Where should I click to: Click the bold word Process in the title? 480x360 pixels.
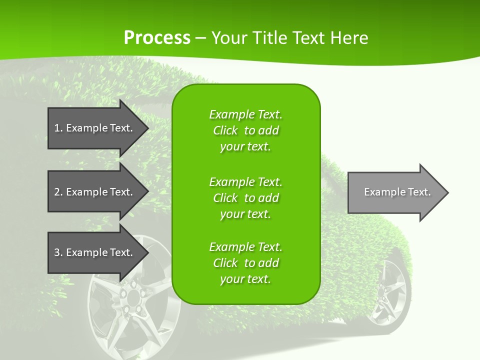coord(157,37)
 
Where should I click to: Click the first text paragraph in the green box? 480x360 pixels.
coord(245,130)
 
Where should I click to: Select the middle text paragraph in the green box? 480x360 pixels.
coord(245,197)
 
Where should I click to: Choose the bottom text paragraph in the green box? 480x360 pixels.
coord(245,263)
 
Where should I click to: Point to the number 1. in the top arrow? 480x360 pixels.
coord(58,128)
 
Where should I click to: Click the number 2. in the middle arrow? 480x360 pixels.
coord(58,192)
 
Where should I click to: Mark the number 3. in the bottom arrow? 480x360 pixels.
coord(58,252)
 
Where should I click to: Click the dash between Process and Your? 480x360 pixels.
coord(200,38)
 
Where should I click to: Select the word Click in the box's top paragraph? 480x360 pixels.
coord(225,130)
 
